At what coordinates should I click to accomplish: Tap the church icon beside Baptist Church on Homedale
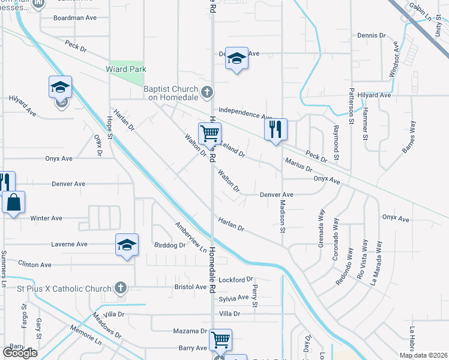[208, 92]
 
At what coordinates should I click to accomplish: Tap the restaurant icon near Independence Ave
[276, 129]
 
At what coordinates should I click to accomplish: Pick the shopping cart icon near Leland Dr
[210, 133]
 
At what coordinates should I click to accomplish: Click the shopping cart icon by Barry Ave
[221, 340]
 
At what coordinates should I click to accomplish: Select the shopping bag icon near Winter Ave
[13, 203]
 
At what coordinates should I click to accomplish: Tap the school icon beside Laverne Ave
[127, 245]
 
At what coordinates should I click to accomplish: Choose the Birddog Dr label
[170, 245]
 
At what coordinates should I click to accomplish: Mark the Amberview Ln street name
[190, 237]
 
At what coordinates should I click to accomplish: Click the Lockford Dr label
[236, 280]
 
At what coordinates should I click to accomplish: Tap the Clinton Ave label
[35, 265]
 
